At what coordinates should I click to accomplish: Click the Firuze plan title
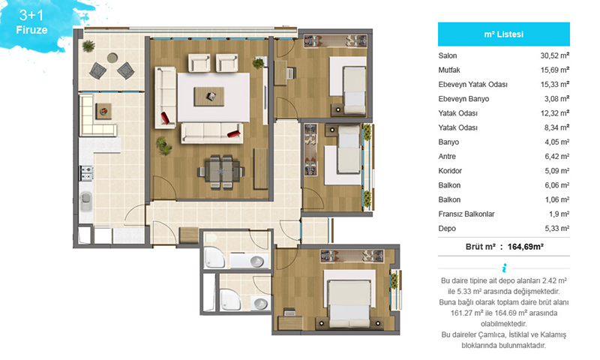tap(31, 30)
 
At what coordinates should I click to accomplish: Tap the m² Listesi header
tap(503, 34)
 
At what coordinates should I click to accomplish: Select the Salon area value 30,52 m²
tap(555, 55)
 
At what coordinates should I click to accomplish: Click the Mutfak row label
tap(449, 70)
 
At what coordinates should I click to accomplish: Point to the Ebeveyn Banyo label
tap(463, 99)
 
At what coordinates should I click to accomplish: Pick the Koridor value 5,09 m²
tap(556, 171)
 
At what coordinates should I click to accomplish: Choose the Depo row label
tap(447, 229)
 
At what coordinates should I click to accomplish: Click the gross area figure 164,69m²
tap(526, 247)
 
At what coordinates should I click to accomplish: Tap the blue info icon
tap(504, 268)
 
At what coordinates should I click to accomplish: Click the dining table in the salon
tap(221, 172)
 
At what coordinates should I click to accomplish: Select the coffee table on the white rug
tap(209, 97)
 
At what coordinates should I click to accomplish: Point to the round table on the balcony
tap(112, 58)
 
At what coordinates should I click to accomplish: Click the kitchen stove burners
tap(86, 173)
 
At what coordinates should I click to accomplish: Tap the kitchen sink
tap(86, 201)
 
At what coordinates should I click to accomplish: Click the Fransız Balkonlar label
tap(466, 214)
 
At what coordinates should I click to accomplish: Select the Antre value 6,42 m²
tap(556, 156)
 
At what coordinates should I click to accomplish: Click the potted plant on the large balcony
tap(88, 46)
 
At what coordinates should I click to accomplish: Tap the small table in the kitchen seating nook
tap(103, 111)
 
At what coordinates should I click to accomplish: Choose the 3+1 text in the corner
tap(31, 15)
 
